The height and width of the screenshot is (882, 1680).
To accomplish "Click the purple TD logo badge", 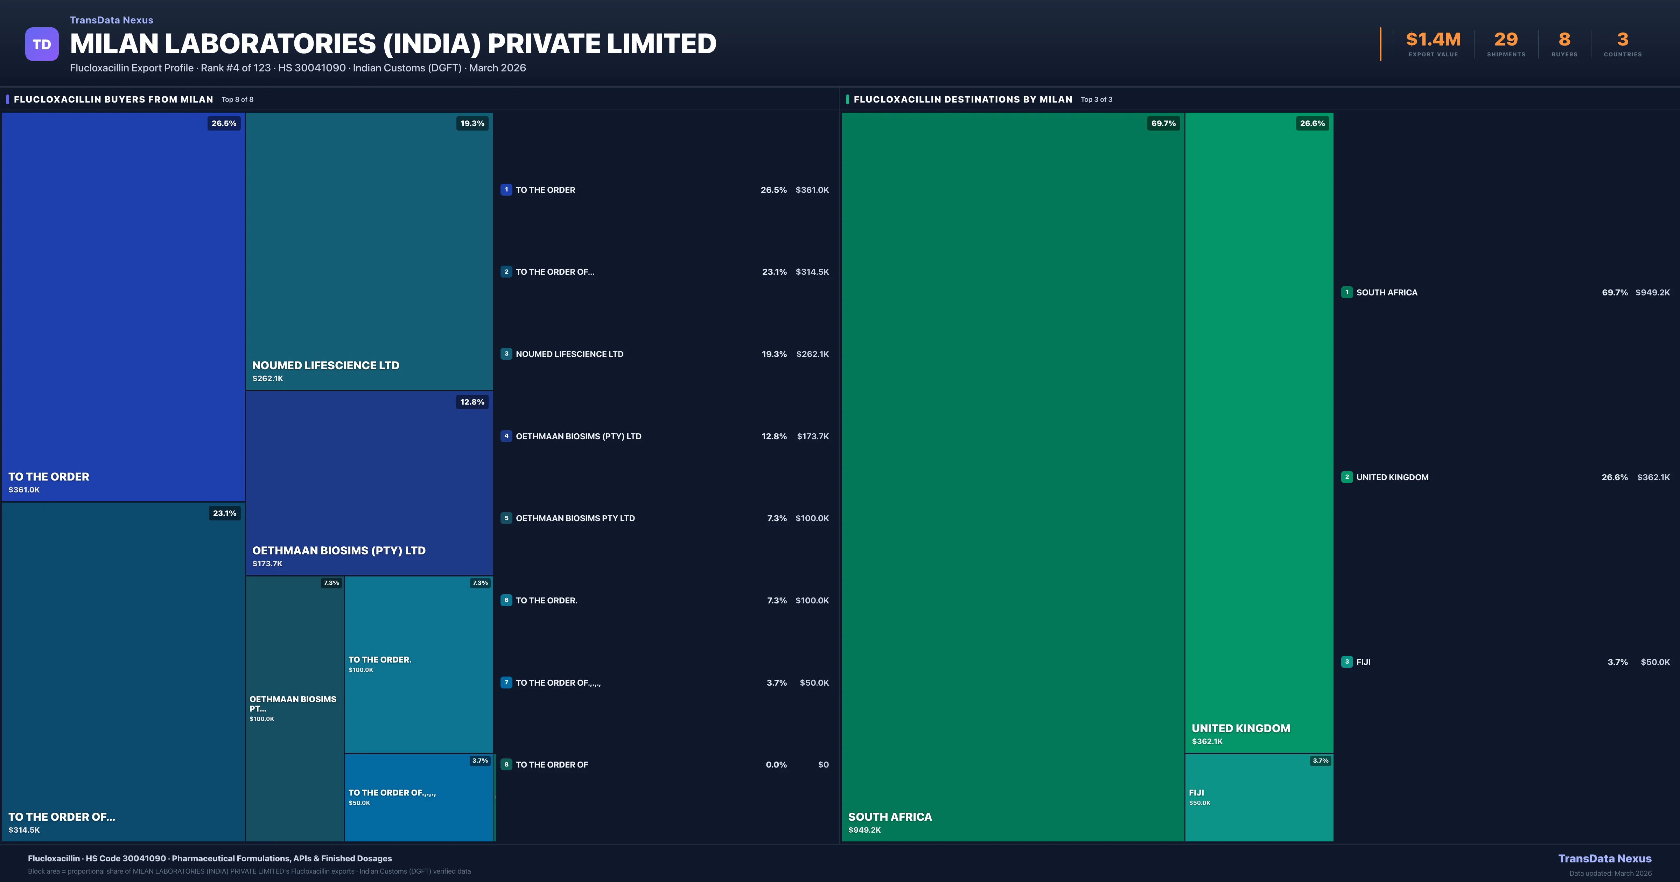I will coord(42,44).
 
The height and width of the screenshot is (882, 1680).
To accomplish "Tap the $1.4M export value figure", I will coord(1433,40).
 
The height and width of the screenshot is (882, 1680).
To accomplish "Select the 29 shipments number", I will coord(1506,40).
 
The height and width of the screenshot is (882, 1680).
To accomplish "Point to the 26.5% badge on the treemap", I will coord(224,123).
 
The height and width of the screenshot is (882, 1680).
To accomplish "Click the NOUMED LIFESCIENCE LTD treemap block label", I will coord(325,365).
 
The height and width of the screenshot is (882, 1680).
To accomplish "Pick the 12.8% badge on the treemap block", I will coord(472,402).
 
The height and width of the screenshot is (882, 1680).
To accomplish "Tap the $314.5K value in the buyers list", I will coord(812,272).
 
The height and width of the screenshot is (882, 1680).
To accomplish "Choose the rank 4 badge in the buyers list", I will coord(506,436).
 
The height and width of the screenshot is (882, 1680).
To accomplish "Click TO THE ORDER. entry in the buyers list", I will coord(546,600).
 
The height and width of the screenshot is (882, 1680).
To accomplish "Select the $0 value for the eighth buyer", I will coord(823,764).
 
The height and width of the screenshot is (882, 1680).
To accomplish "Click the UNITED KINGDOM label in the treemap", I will coord(1240,728).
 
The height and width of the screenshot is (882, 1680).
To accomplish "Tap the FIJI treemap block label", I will coord(1196,793).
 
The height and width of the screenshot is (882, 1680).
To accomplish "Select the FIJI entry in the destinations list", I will coord(1363,662).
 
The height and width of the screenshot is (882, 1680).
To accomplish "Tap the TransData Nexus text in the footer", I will coord(1604,859).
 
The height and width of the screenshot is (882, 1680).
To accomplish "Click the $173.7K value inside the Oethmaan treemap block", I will coord(267,563).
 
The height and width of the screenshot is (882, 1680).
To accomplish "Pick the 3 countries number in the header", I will coord(1623,40).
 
